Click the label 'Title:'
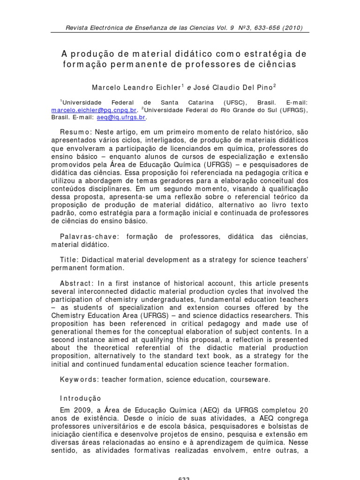70,259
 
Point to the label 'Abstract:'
77,283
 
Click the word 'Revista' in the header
76,28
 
